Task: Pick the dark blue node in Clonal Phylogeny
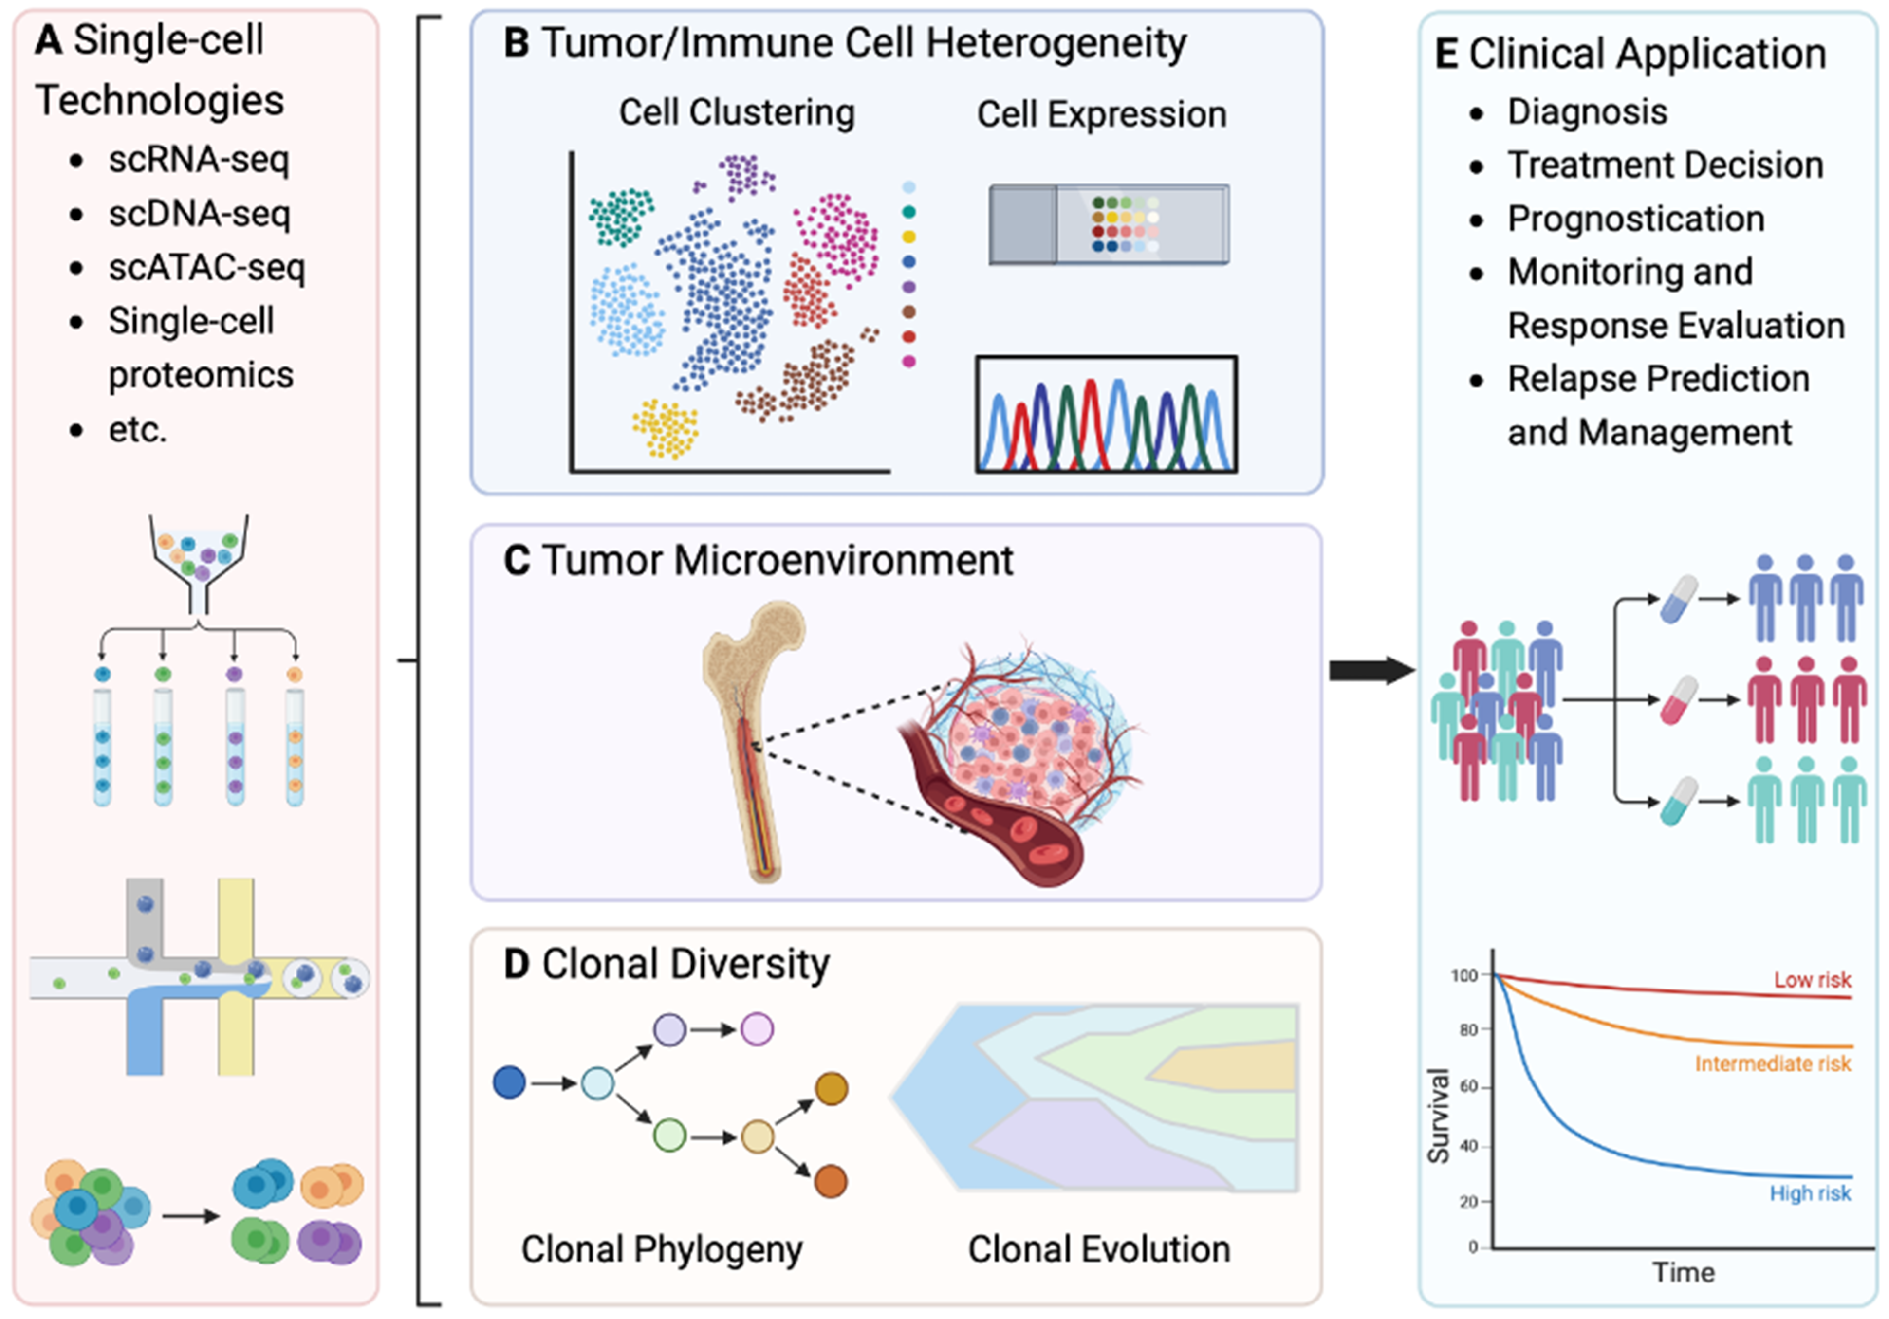click(509, 1083)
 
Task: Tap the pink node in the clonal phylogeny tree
click(757, 1029)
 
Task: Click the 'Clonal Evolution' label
click(1098, 1249)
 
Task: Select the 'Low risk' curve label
click(1812, 979)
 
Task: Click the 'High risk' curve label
click(1810, 1193)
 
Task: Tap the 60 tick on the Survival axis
click(1468, 1087)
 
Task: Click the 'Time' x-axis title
click(1684, 1273)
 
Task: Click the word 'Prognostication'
click(1636, 219)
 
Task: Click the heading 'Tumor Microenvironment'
click(778, 561)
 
